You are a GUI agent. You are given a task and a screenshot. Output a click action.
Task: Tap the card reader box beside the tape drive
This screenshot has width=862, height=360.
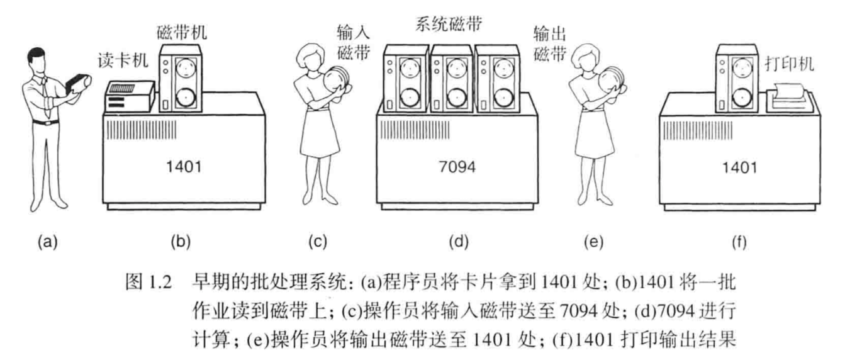130,97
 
